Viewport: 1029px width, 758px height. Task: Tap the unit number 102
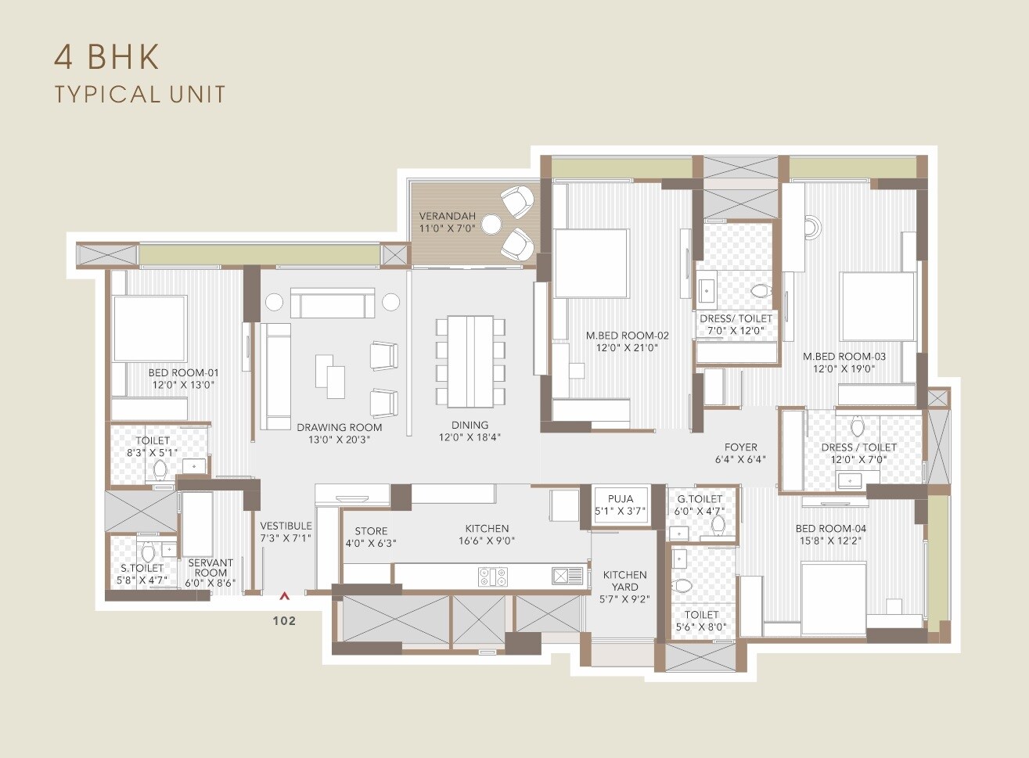pyautogui.click(x=285, y=620)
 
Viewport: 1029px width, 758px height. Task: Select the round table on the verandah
pyautogui.click(x=491, y=225)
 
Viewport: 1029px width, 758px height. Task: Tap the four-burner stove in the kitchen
pyautogui.click(x=493, y=577)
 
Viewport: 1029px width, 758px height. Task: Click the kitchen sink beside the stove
pyautogui.click(x=568, y=577)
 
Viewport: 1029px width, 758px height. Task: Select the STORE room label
pyautogui.click(x=371, y=531)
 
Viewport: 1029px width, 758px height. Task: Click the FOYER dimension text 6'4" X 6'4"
pyautogui.click(x=740, y=460)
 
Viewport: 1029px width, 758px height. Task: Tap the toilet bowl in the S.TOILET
pyautogui.click(x=148, y=551)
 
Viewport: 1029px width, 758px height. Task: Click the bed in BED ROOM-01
pyautogui.click(x=149, y=329)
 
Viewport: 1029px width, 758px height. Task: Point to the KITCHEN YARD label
pyautogui.click(x=624, y=580)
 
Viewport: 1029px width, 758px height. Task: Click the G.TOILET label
pyautogui.click(x=700, y=499)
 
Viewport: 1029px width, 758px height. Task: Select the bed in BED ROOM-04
pyautogui.click(x=833, y=598)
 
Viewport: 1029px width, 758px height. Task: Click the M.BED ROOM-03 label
pyautogui.click(x=844, y=356)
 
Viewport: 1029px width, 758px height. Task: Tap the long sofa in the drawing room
pyautogui.click(x=275, y=377)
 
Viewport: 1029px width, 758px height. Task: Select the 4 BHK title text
pyautogui.click(x=106, y=56)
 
